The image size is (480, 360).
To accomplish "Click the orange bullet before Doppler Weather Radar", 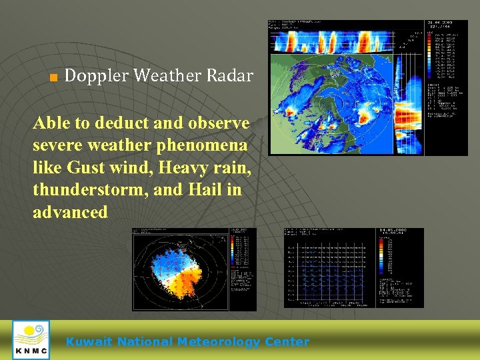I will [x=53, y=77].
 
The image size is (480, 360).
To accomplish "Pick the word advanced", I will [x=70, y=213].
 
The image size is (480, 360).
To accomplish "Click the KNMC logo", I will [x=31, y=340].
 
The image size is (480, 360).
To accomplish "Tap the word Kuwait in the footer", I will [x=89, y=342].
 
